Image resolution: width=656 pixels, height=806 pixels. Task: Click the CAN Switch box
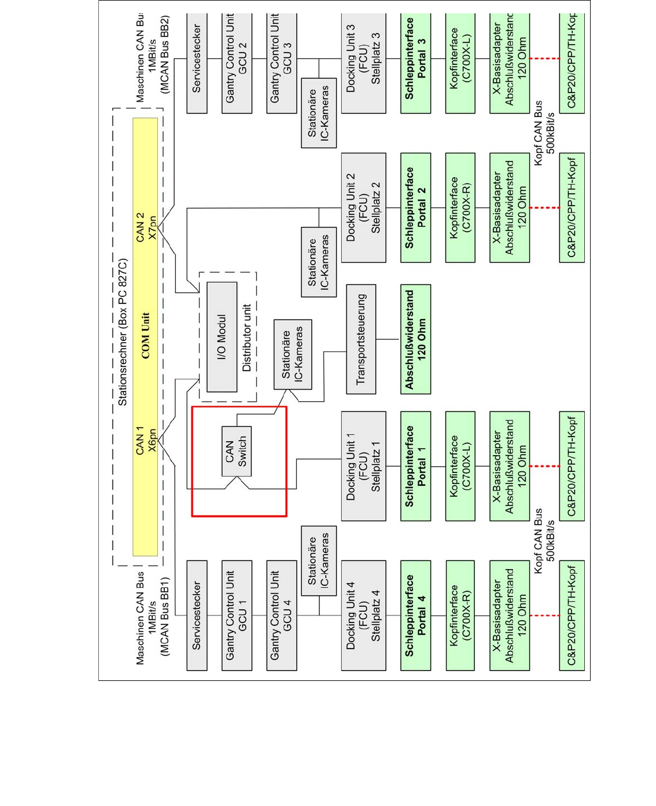237,451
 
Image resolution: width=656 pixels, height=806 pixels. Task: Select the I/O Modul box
222,337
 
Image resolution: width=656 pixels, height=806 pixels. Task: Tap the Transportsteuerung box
361,339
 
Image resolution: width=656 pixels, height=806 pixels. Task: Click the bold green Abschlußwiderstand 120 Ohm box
415,339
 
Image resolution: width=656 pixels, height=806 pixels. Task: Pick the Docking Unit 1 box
363,466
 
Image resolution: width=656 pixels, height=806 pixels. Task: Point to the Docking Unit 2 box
363,207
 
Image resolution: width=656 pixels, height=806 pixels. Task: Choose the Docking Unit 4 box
363,616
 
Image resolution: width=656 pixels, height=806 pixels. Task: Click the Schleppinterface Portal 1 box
415,466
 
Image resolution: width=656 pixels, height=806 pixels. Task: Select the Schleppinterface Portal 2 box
415,207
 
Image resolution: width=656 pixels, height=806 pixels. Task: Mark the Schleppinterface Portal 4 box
415,616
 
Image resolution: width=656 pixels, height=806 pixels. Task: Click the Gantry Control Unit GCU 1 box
237,616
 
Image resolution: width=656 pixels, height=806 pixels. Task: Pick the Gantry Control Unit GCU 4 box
281,616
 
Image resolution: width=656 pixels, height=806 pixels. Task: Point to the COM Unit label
145,336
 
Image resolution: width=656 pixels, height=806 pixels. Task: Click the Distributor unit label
247,338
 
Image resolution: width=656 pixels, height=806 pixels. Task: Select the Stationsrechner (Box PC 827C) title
123,332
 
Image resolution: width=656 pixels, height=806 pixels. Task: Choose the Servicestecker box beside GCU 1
197,616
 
